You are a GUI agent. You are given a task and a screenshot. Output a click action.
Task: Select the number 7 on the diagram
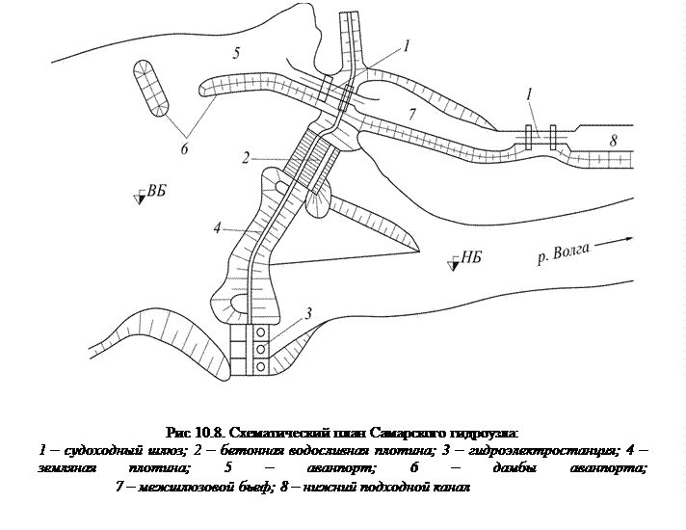[x=411, y=115]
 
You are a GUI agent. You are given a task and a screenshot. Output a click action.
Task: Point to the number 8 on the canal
[x=613, y=141]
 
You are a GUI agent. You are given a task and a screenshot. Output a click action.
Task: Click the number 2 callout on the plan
[x=248, y=157]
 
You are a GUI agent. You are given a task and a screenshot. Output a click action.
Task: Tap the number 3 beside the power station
[x=307, y=312]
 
